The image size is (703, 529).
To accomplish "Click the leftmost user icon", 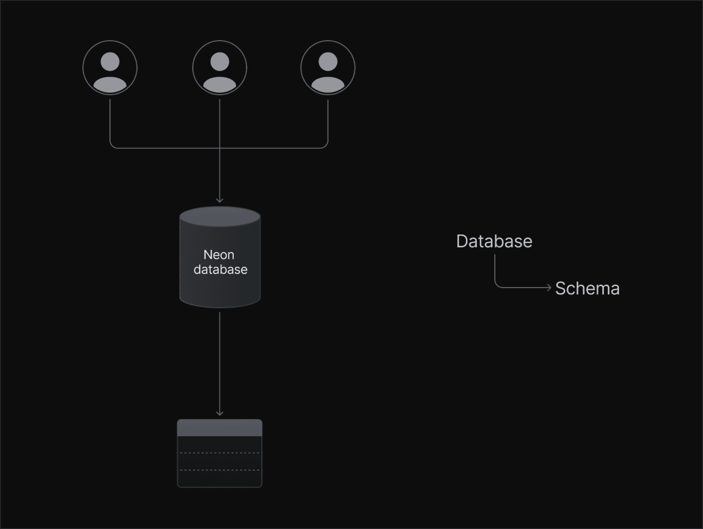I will (x=110, y=68).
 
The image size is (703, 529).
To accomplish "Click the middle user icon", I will (x=220, y=68).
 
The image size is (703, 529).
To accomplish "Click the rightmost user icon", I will (x=328, y=68).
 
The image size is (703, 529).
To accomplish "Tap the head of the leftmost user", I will (x=110, y=61).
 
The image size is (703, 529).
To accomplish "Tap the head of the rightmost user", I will (x=328, y=61).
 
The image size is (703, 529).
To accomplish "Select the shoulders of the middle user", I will (x=220, y=85).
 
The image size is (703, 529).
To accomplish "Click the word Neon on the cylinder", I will (x=219, y=254).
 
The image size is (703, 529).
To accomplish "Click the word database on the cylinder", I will (x=220, y=269).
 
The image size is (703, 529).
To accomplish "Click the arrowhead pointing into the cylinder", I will (x=220, y=200).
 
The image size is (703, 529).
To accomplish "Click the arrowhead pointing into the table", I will (x=220, y=413).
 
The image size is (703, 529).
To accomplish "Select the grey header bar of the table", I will (x=220, y=428).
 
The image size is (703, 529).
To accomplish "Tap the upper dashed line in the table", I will (x=220, y=453).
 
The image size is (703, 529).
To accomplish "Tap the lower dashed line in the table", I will (x=220, y=470).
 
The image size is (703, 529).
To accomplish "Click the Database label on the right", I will (x=494, y=241).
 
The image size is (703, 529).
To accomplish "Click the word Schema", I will (x=587, y=288).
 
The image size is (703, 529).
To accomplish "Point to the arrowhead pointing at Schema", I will (x=549, y=288).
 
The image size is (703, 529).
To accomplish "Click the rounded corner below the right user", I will (x=326, y=146).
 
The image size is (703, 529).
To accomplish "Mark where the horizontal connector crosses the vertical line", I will (x=220, y=148).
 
